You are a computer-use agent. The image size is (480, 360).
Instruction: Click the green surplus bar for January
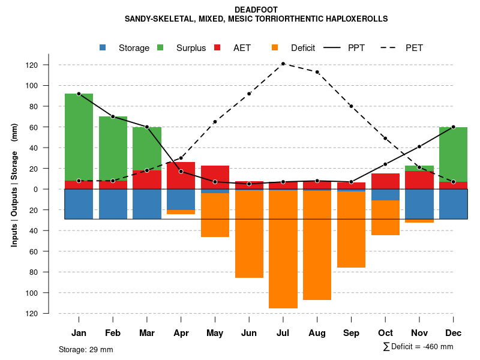coord(79,137)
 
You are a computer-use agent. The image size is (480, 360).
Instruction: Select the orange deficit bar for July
coord(283,249)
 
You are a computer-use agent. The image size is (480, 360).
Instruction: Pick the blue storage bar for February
coord(113,204)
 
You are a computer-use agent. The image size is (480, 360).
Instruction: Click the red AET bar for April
coord(181,175)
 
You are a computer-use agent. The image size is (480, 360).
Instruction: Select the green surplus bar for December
coord(453,154)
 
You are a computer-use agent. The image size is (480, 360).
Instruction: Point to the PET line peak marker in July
coord(283,64)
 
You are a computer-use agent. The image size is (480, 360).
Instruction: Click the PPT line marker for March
coord(146,127)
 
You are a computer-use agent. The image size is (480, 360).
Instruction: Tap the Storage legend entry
coord(127,48)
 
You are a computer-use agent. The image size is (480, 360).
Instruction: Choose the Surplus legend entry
coord(184,48)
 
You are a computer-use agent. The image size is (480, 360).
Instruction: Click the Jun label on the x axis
coord(249,333)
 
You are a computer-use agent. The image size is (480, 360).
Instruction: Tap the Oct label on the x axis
coord(385,333)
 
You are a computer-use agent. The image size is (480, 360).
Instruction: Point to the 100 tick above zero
coord(48,86)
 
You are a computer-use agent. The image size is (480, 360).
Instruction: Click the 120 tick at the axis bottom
coord(48,313)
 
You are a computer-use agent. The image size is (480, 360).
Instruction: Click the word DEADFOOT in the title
coord(256,10)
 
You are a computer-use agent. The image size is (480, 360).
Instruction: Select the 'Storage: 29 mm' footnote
coord(86,349)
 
